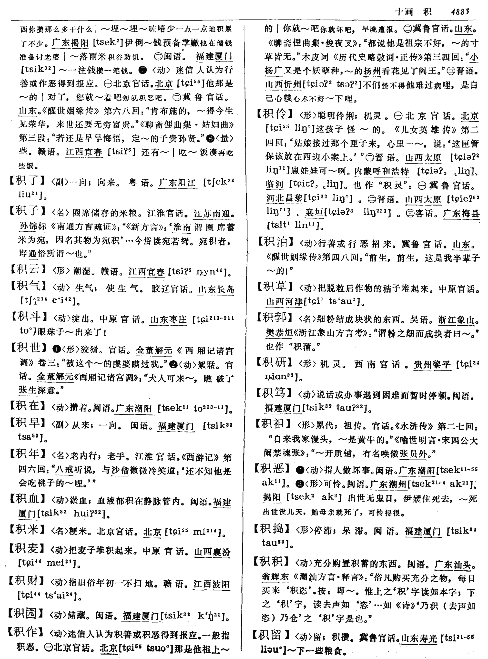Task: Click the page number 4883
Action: [460, 12]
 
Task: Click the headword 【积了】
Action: [27, 181]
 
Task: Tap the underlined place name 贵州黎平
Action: [432, 365]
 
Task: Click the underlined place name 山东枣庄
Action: [168, 320]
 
